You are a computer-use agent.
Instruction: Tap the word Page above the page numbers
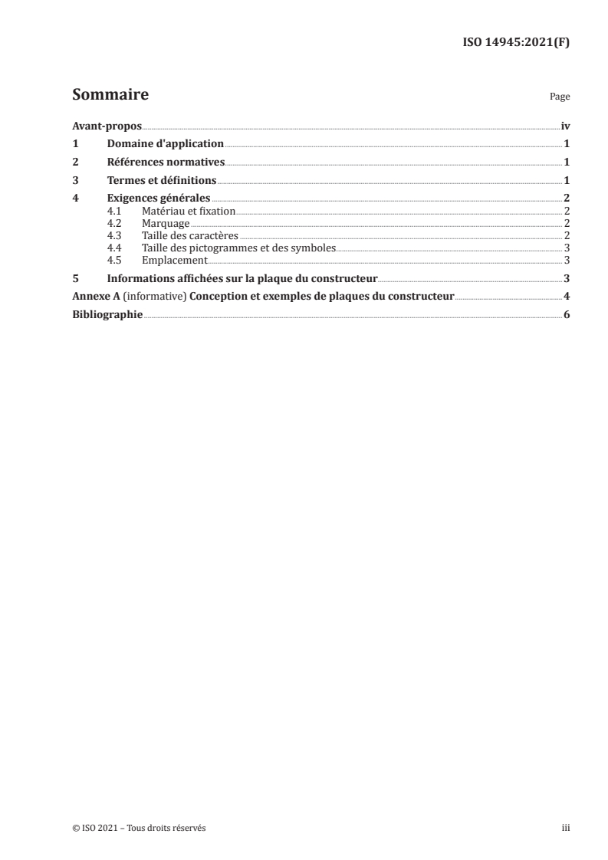[559, 98]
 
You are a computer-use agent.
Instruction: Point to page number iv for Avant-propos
[565, 126]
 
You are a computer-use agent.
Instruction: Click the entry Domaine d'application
[165, 143]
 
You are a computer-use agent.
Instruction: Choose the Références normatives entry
[166, 162]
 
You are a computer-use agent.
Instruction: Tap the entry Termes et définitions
[162, 180]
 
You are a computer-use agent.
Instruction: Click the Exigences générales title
[159, 199]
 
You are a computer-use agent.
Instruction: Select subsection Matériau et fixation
[189, 210]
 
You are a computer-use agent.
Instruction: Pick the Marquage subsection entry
[166, 223]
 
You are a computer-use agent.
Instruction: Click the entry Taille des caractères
[190, 235]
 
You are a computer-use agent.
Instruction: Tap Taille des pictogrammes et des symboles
[238, 248]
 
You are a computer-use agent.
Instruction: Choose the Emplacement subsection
[175, 260]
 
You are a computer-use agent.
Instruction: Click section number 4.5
[114, 260]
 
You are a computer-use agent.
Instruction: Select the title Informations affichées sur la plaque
[242, 278]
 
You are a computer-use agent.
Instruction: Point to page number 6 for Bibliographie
[566, 315]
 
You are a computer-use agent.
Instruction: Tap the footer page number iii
[566, 828]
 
